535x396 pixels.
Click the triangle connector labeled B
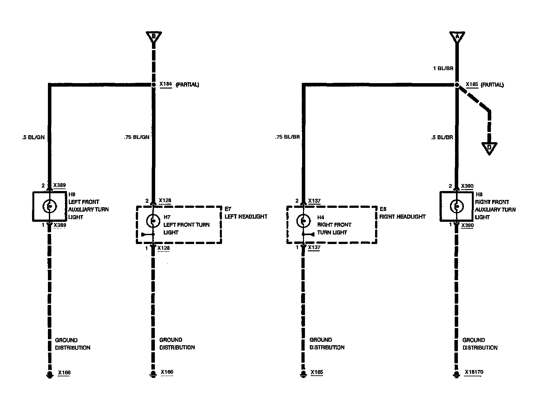click(154, 36)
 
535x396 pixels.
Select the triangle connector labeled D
click(489, 148)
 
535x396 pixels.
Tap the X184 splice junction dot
click(154, 85)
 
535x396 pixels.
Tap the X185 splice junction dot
click(457, 85)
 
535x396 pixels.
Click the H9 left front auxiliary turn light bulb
click(49, 206)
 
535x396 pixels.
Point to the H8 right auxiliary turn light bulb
click(457, 206)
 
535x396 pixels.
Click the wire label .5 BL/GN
click(33, 137)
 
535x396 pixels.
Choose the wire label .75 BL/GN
click(137, 137)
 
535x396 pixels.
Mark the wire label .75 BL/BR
click(287, 137)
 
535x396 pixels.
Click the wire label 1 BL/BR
click(443, 68)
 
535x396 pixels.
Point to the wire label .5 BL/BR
click(442, 137)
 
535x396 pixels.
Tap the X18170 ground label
click(474, 372)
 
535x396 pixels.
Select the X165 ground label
click(317, 372)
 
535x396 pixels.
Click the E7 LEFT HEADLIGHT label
click(246, 213)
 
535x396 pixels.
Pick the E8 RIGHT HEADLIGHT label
click(402, 213)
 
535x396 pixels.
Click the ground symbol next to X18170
click(457, 374)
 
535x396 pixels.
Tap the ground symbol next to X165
click(303, 374)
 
